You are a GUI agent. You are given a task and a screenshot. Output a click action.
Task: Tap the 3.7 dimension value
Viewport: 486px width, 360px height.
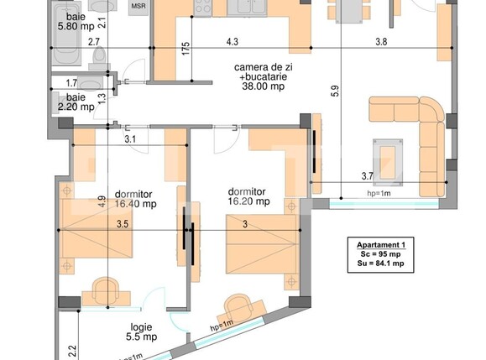tap(367, 175)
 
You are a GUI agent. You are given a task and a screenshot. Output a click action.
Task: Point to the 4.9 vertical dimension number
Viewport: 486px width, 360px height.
tap(100, 201)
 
